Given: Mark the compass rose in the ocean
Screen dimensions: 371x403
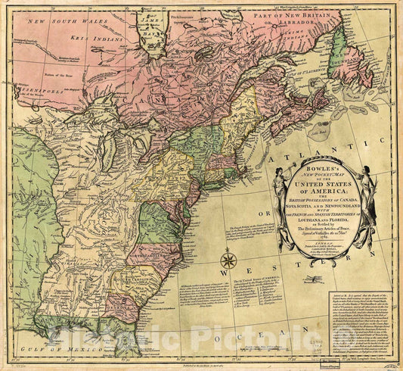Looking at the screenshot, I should pyautogui.click(x=229, y=261).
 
